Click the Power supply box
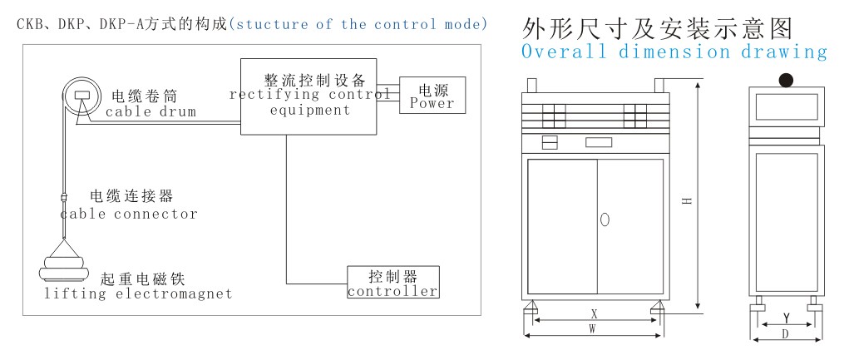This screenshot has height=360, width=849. [x=432, y=96]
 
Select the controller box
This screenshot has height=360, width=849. [x=393, y=282]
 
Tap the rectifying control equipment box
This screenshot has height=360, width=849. [x=309, y=96]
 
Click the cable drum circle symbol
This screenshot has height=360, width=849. [x=81, y=96]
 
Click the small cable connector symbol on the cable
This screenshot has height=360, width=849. [x=64, y=198]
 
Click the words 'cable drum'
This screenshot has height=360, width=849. [x=151, y=112]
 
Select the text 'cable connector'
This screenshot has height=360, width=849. [x=129, y=214]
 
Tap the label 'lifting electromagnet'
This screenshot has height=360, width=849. [x=138, y=294]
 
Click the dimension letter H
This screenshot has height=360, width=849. [x=687, y=200]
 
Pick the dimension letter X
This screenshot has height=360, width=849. [x=594, y=313]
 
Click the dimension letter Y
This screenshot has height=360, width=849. [x=786, y=318]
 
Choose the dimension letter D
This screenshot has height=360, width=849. [x=786, y=334]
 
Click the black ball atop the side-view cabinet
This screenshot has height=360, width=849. [x=786, y=81]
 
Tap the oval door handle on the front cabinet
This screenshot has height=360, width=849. [x=605, y=219]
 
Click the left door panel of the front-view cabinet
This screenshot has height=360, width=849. [x=563, y=227]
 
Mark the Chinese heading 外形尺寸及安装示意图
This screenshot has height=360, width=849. [x=657, y=28]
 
